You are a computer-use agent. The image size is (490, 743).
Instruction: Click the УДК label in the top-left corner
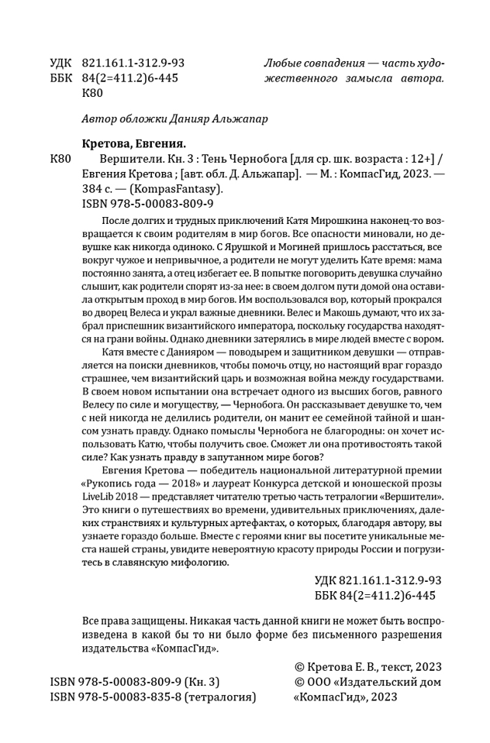[61, 63]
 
